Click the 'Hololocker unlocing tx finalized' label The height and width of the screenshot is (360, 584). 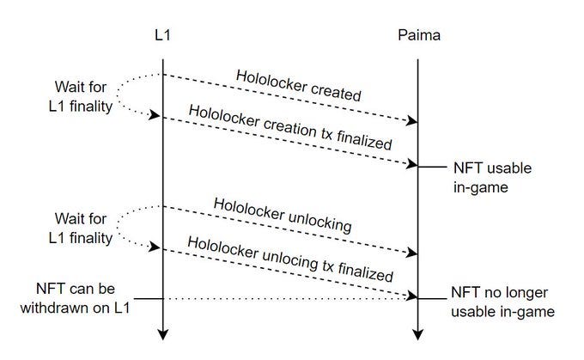(x=289, y=261)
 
